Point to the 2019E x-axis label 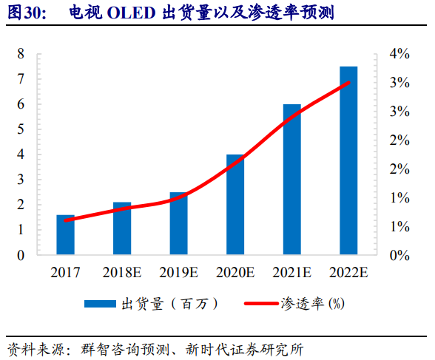tap(179, 273)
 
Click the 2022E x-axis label tap(348, 273)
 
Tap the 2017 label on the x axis tap(66, 273)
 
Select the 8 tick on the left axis tap(21, 54)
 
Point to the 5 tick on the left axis tap(21, 129)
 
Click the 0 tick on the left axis tap(21, 255)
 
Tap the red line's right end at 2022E tap(348, 82)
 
